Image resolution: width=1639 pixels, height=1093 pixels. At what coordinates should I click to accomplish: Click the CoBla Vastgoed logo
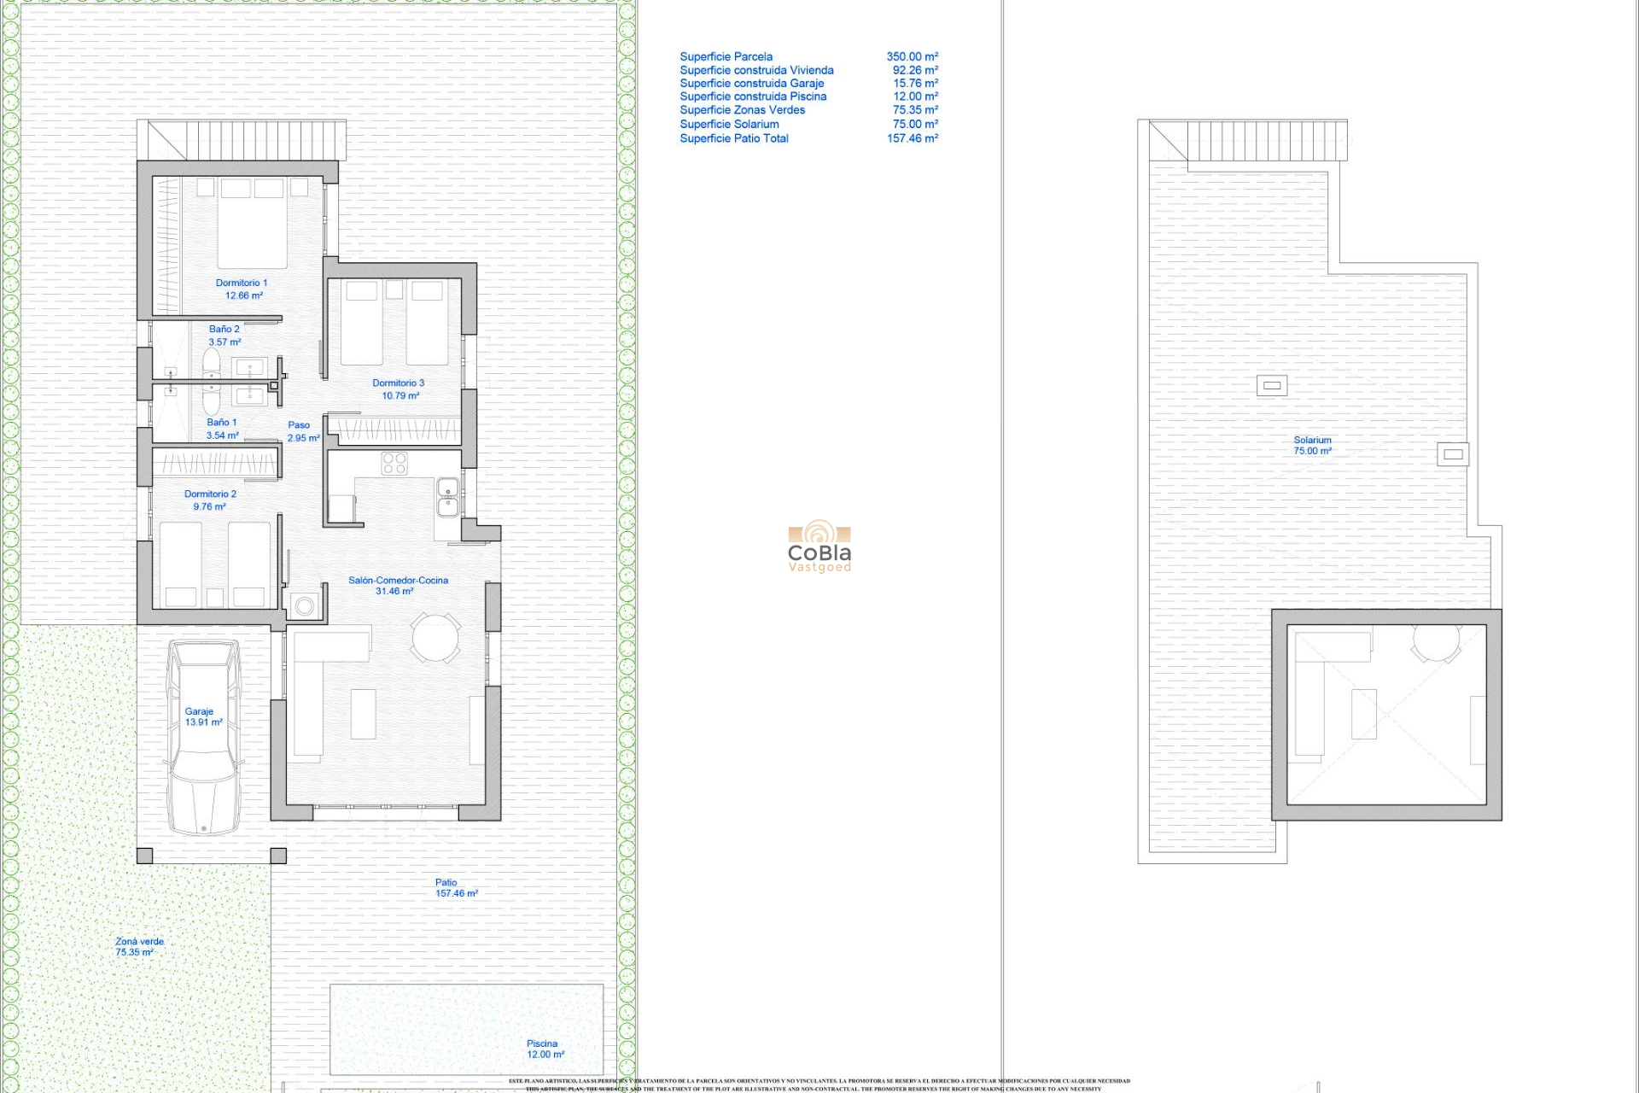[x=819, y=546]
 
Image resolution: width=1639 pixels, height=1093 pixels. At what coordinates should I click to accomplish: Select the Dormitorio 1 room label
[x=242, y=289]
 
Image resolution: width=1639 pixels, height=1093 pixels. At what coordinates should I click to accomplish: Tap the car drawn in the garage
[x=204, y=738]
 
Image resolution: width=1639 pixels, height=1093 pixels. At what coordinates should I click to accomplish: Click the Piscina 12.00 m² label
[x=544, y=1049]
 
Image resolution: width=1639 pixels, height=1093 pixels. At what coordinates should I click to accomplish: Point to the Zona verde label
[x=138, y=946]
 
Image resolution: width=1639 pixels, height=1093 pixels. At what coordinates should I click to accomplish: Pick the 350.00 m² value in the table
[x=912, y=56]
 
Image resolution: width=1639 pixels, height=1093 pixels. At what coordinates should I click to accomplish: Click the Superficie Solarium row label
[x=729, y=124]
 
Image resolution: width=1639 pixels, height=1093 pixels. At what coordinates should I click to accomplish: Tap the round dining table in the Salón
[x=435, y=637]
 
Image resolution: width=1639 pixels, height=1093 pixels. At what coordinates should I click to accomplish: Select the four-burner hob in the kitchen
[x=394, y=463]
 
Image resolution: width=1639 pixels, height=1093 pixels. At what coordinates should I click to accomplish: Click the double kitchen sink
[x=447, y=497]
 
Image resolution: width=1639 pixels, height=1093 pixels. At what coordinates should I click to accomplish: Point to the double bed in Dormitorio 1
[x=252, y=224]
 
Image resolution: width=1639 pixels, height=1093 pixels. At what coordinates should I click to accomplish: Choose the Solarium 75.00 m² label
[x=1312, y=445]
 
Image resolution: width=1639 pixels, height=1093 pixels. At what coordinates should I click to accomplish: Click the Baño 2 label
[x=225, y=335]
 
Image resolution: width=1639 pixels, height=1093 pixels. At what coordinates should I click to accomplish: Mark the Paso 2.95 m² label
[x=301, y=431]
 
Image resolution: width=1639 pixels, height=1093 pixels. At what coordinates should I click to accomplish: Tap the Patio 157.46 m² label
[x=455, y=888]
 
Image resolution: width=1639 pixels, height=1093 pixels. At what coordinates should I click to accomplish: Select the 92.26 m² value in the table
[x=914, y=70]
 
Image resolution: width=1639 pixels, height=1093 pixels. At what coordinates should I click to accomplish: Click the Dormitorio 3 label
[x=399, y=389]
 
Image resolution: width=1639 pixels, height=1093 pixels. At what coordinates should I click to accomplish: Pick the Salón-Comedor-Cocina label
[x=397, y=585]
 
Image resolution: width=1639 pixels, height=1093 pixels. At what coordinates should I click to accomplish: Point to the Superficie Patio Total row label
[x=734, y=138]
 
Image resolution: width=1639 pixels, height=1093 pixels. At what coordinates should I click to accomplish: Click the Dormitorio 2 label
[x=210, y=500]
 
